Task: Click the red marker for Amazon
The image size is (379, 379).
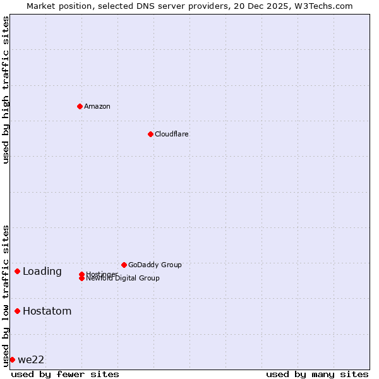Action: (x=80, y=106)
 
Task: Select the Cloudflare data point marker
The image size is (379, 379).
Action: (x=150, y=134)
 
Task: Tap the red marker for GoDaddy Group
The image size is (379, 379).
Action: (x=124, y=265)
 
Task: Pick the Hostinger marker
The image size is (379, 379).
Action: (x=81, y=274)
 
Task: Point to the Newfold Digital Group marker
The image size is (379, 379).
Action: (x=81, y=279)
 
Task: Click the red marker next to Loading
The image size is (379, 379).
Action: (x=17, y=271)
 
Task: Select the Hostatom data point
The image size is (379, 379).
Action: (x=17, y=311)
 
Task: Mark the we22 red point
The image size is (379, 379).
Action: (x=12, y=359)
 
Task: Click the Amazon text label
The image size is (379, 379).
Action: (x=97, y=106)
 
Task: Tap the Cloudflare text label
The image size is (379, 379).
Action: (x=172, y=134)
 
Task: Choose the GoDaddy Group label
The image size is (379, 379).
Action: (x=155, y=265)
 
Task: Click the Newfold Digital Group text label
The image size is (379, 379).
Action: (x=123, y=279)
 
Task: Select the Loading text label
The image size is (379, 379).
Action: (x=42, y=272)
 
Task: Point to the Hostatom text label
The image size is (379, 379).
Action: (x=47, y=311)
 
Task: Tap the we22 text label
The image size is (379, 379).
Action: (x=31, y=360)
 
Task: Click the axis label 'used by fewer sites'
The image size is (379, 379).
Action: (x=65, y=374)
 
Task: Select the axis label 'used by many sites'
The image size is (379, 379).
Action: (x=317, y=374)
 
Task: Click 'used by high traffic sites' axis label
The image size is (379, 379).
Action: (x=6, y=90)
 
